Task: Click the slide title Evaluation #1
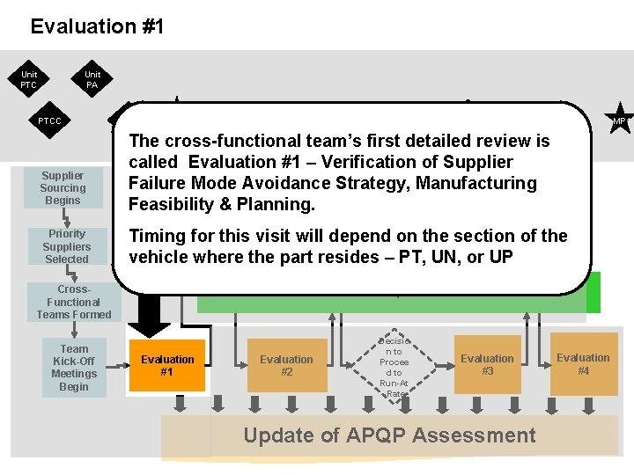[x=97, y=26]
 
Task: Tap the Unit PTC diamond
[x=29, y=80]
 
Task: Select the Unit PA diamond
[x=92, y=80]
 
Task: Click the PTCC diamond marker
[x=50, y=121]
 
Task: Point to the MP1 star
[x=620, y=121]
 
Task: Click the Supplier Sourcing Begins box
[x=63, y=188]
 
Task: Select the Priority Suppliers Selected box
[x=67, y=246]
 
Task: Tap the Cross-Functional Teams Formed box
[x=74, y=302]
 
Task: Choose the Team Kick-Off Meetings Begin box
[x=74, y=368]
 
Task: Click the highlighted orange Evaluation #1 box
[x=167, y=365]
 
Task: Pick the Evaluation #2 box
[x=286, y=365]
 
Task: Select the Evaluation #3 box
[x=487, y=364]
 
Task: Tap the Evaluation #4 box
[x=583, y=363]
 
